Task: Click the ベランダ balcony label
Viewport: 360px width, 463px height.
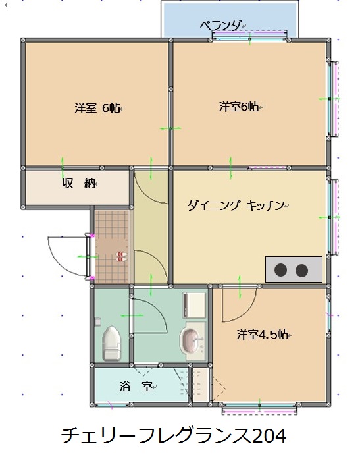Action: pos(220,26)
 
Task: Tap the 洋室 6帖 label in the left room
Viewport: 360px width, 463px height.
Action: pos(97,108)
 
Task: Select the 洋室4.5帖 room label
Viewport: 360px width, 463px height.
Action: pos(262,335)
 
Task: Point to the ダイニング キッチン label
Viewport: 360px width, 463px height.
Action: pos(236,205)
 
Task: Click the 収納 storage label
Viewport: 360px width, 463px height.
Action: pos(79,183)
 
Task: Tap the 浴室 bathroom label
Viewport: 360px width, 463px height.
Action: pos(136,386)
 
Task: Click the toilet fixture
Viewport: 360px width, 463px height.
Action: pos(111,343)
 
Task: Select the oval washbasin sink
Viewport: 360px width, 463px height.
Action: pos(190,340)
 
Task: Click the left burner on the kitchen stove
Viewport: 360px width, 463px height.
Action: pos(280,269)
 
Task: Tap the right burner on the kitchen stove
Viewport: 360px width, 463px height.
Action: pos(301,270)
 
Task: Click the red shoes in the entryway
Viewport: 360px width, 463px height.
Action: pos(122,257)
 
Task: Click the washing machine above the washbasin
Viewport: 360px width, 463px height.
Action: pos(194,305)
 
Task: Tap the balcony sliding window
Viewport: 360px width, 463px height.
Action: pos(249,35)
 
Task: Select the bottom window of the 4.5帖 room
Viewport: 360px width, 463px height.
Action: pos(259,409)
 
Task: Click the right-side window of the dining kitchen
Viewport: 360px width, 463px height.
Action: pos(334,217)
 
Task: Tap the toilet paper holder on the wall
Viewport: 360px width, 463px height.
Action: pos(97,321)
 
